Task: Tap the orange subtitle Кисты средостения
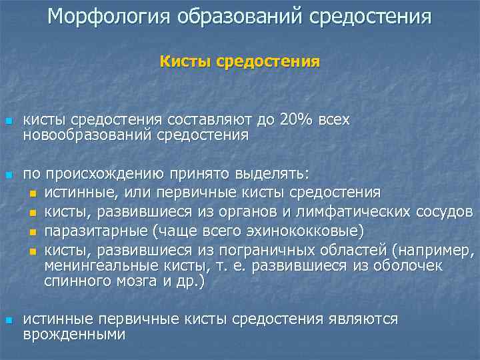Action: (x=240, y=62)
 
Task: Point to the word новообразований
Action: (x=88, y=135)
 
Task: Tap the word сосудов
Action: (x=447, y=213)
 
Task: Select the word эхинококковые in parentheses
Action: (x=311, y=231)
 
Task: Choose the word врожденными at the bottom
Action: (x=74, y=335)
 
